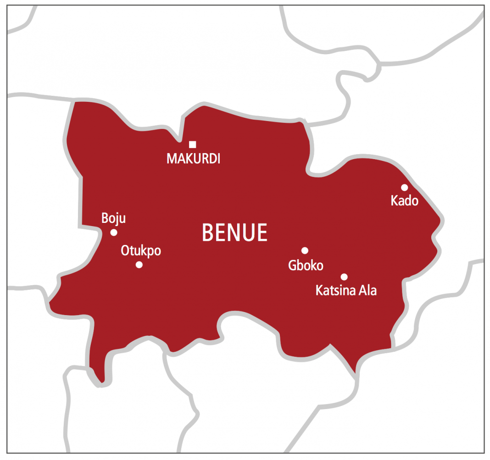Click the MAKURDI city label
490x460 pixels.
193,159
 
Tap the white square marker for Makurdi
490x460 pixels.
192,144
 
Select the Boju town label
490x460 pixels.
113,218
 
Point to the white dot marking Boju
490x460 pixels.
114,232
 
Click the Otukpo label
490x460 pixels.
141,251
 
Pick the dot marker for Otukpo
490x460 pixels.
139,265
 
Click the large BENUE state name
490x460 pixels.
234,233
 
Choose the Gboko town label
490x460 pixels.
306,265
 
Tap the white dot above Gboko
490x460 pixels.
305,250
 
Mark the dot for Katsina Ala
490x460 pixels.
344,277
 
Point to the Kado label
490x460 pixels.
404,200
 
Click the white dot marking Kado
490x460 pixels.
404,187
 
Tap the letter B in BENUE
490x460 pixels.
208,233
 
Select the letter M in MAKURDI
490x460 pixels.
171,159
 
